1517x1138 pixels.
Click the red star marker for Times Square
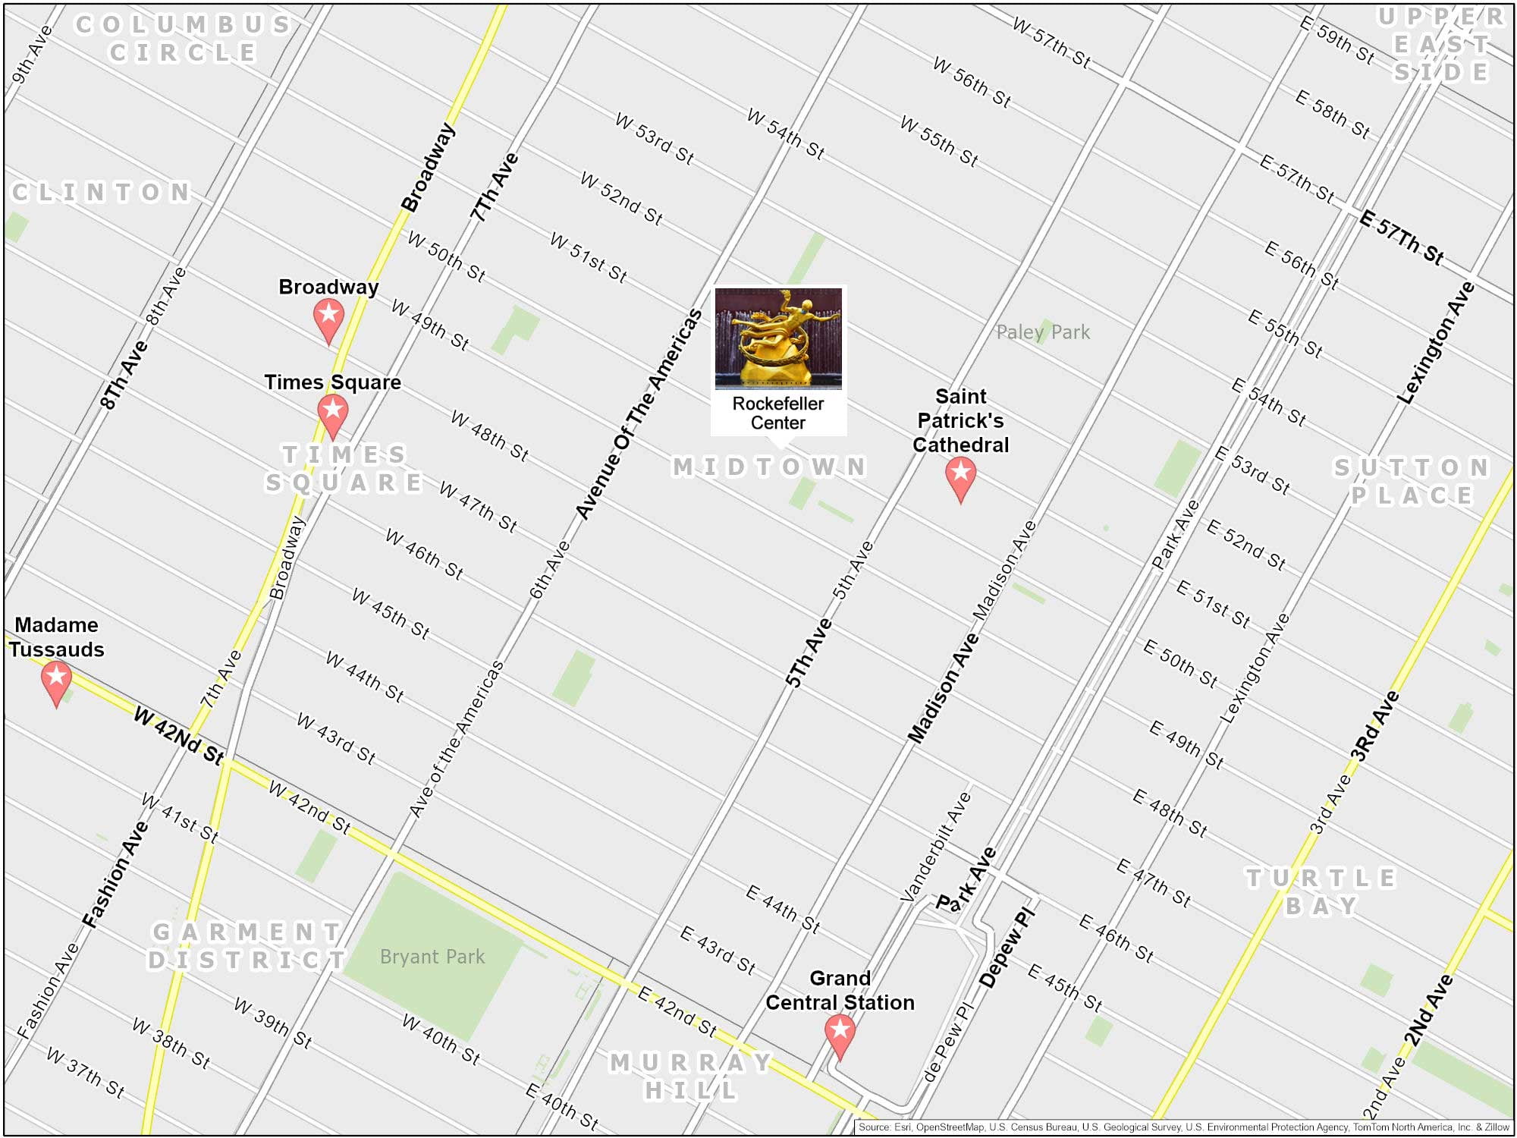coord(332,412)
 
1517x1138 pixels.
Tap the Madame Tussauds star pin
coord(56,677)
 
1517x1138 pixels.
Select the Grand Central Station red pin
coord(840,1032)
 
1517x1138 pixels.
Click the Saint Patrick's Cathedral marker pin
coord(960,475)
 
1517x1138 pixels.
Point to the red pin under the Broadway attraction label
coord(328,316)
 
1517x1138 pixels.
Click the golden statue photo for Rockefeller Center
coord(778,338)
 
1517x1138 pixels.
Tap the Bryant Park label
coord(432,957)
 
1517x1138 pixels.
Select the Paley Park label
coord(1043,332)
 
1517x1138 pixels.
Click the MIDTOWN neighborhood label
coord(769,467)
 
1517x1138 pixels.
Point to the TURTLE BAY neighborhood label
coord(1321,891)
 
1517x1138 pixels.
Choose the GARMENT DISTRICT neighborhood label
coord(247,945)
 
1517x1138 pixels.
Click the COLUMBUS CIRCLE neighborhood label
coord(183,38)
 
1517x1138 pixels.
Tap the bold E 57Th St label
coord(1401,237)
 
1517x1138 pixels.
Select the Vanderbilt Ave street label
coord(935,846)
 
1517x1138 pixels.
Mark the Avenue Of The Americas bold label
coord(639,415)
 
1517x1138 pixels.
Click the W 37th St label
coord(86,1072)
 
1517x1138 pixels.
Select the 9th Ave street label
coord(33,54)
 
